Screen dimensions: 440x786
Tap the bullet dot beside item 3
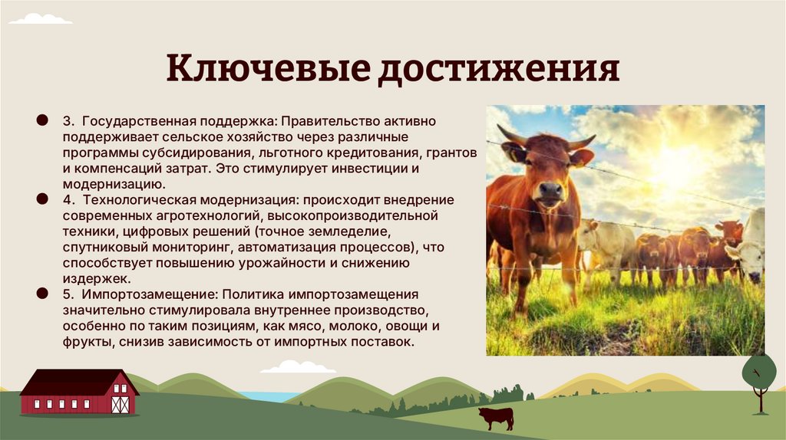[40, 121]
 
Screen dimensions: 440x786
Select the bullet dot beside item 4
[40, 199]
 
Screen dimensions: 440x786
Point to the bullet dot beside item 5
[40, 294]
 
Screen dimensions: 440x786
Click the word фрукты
[88, 343]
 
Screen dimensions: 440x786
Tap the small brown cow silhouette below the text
[495, 418]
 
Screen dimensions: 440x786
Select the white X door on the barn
[120, 404]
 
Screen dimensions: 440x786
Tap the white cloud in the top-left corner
[41, 18]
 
